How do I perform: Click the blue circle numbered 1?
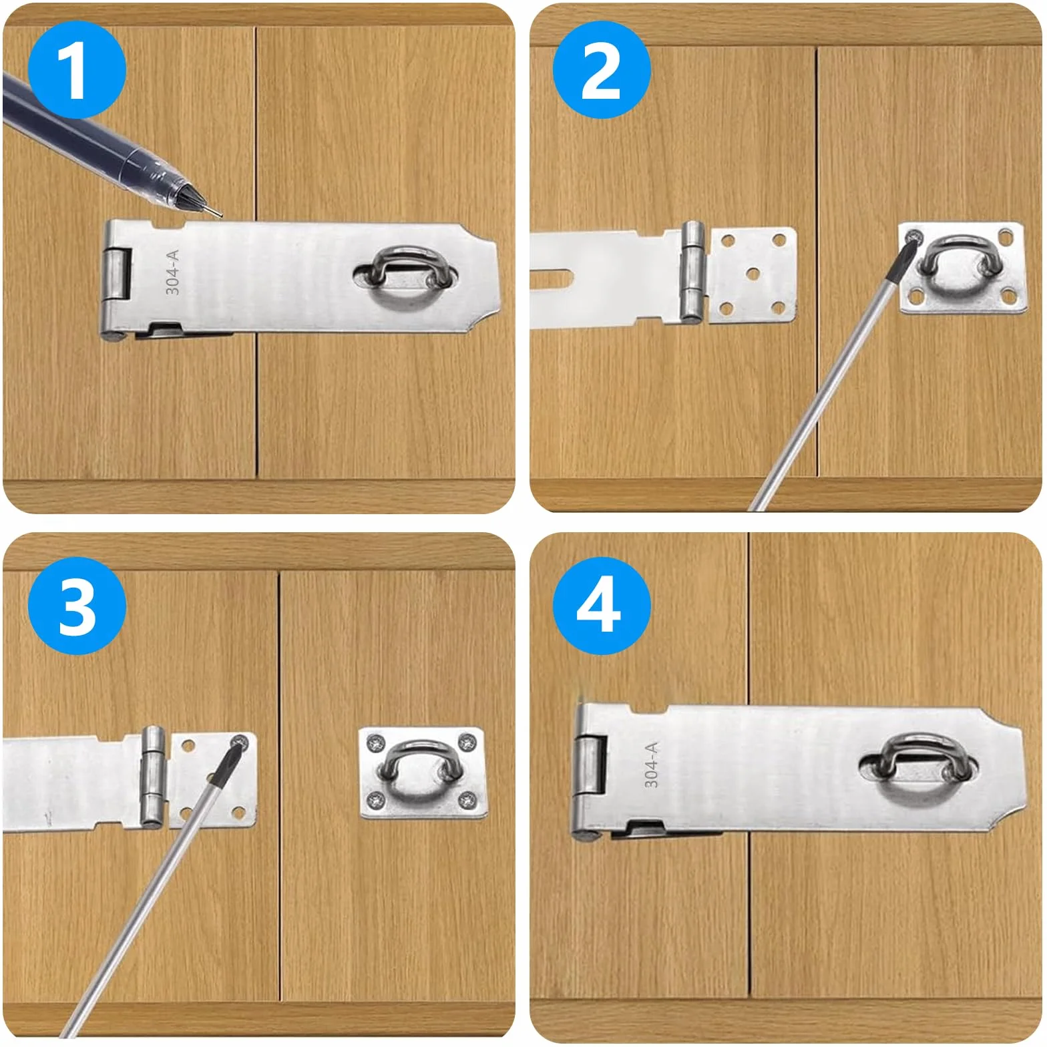coord(76,70)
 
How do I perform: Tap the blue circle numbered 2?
coord(602,70)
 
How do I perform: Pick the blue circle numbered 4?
coord(602,606)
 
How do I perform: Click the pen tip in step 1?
coord(219,214)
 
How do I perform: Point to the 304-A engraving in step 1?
coord(172,272)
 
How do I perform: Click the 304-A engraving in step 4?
coord(652,764)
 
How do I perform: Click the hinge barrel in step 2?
coord(692,271)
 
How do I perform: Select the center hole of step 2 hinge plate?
coord(753,274)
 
